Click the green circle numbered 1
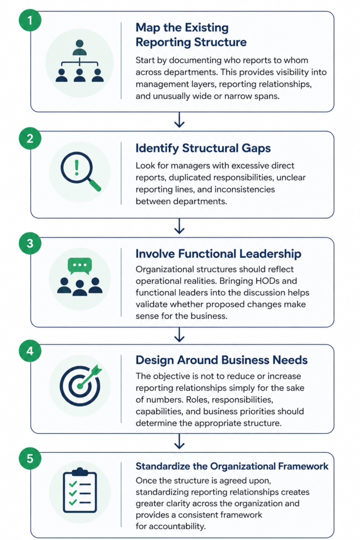click(30, 21)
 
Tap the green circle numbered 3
click(30, 243)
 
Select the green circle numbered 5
click(30, 458)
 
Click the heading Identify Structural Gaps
click(203, 148)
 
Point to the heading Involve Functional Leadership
click(218, 254)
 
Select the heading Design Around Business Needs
click(221, 360)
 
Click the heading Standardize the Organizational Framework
click(231, 466)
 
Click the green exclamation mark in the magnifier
click(77, 167)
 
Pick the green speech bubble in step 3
click(80, 266)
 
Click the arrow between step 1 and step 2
click(179, 120)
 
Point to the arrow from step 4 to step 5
click(179, 441)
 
